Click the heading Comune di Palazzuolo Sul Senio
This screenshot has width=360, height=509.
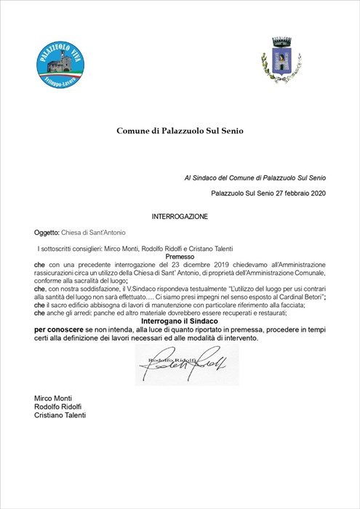[x=179, y=131]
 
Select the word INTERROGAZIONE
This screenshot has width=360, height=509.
[x=180, y=217]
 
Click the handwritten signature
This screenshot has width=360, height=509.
[x=185, y=364]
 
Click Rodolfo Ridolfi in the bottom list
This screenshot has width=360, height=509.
[x=60, y=406]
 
